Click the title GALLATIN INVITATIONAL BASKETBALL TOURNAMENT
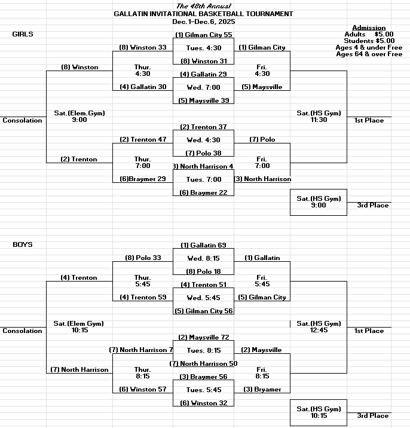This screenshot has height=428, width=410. point(203,14)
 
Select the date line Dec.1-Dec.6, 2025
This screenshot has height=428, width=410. point(203,21)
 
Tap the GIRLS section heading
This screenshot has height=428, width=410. point(23,34)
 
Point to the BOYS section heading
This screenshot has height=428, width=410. point(23,244)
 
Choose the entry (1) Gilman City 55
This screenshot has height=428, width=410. point(203,35)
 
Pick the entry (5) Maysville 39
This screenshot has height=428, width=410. point(203,100)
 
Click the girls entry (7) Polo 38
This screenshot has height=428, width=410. point(203,153)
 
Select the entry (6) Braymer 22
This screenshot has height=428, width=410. point(203,192)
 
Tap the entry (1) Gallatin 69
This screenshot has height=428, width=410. point(203,245)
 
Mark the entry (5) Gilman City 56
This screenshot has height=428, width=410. point(203,311)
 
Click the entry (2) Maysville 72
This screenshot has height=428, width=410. point(203,337)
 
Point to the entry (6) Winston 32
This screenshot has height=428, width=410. point(203,403)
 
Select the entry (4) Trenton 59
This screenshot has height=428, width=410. point(143,297)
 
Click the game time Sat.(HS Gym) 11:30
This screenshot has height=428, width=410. point(319,116)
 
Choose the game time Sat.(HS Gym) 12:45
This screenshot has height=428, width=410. point(319,326)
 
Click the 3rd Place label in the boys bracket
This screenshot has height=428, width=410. point(373,415)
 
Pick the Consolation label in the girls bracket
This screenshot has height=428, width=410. point(23,120)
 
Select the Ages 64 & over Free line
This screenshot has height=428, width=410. point(369,54)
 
